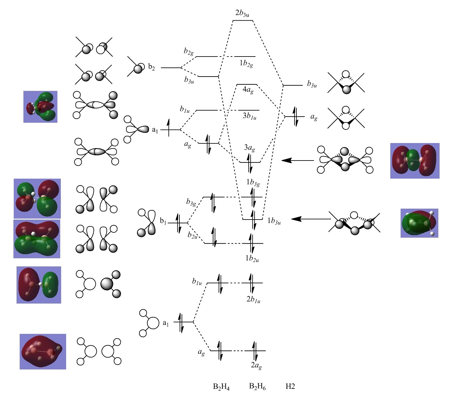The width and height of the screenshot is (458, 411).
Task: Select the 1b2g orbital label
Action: click(x=246, y=63)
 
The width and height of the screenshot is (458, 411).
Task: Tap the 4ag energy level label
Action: click(x=248, y=90)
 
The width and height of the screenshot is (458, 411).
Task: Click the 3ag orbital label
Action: click(x=249, y=148)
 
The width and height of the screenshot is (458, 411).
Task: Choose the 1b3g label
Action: click(x=253, y=182)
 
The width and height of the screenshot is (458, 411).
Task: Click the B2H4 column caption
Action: click(x=221, y=387)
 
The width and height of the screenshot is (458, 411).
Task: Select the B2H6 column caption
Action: click(x=257, y=387)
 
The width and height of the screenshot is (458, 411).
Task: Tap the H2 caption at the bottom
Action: click(x=290, y=387)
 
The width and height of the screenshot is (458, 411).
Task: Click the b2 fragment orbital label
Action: click(x=151, y=67)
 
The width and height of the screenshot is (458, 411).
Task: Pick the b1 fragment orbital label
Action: click(x=163, y=221)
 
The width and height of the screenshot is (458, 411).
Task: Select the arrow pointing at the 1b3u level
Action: click(x=311, y=219)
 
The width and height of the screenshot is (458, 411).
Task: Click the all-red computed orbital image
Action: click(x=43, y=352)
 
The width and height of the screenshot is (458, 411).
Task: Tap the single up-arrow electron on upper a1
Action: click(x=169, y=128)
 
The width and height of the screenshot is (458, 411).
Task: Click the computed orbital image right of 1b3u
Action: click(x=419, y=223)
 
